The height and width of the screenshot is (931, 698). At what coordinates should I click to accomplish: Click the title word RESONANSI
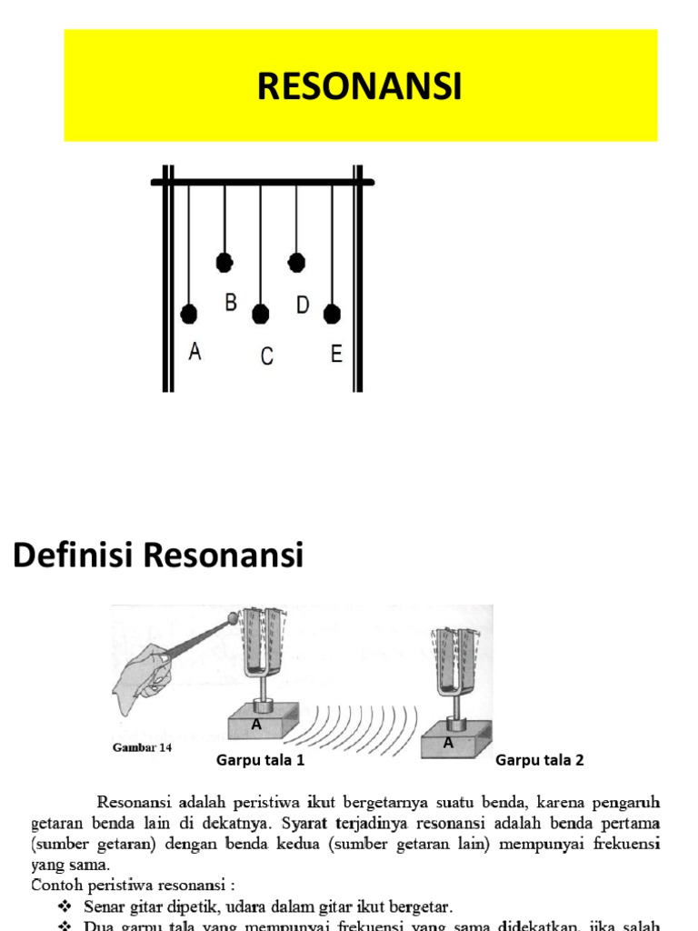coord(360,87)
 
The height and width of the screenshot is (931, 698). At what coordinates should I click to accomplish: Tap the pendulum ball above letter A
coord(189,315)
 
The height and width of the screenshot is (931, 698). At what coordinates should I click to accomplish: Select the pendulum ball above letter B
coord(224,263)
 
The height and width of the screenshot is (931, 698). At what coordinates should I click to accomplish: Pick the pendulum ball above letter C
coord(261,315)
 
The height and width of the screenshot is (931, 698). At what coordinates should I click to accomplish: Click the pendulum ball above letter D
coord(296,263)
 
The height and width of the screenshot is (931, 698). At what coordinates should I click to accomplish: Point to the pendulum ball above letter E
coord(333,314)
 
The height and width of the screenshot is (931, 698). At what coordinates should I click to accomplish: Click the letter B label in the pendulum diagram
coord(231,304)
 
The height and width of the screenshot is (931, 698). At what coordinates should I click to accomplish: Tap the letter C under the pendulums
coord(267,356)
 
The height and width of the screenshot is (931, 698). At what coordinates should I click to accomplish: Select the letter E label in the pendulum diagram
coord(336,355)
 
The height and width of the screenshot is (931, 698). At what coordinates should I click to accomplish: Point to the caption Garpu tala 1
coord(260,761)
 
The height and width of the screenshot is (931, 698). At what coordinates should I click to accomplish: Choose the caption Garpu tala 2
coord(540,761)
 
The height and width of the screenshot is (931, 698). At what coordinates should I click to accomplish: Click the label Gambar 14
coord(138,748)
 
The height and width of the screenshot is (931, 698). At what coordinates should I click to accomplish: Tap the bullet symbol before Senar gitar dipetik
coord(65,906)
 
